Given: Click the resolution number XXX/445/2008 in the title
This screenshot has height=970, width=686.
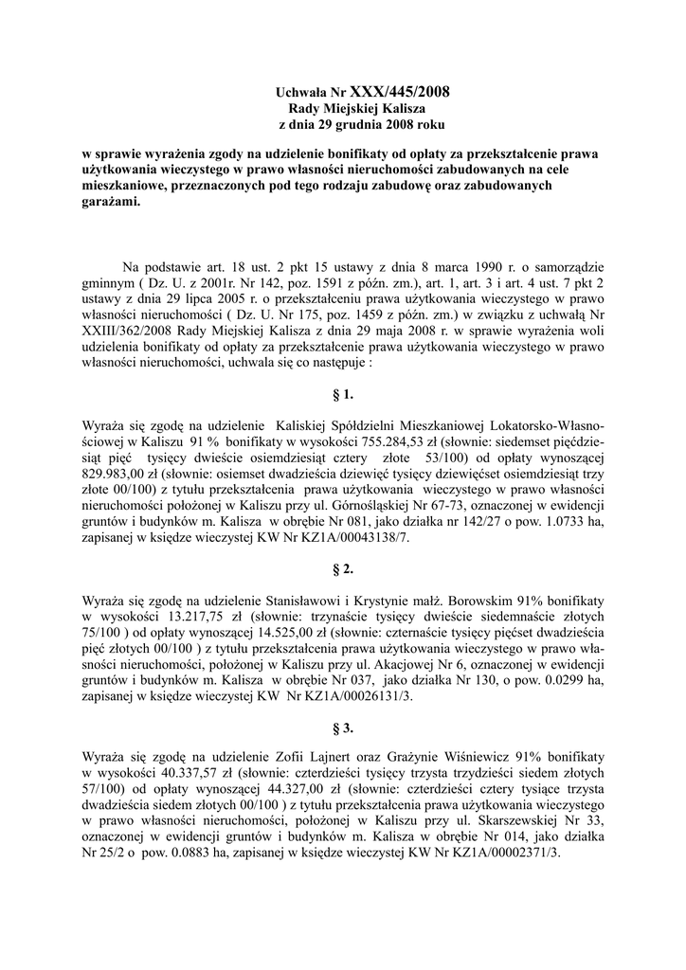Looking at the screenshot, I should click(400, 92).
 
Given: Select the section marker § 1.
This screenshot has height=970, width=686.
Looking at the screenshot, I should click(343, 393).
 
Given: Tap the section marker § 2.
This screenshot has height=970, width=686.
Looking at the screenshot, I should click(343, 569).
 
